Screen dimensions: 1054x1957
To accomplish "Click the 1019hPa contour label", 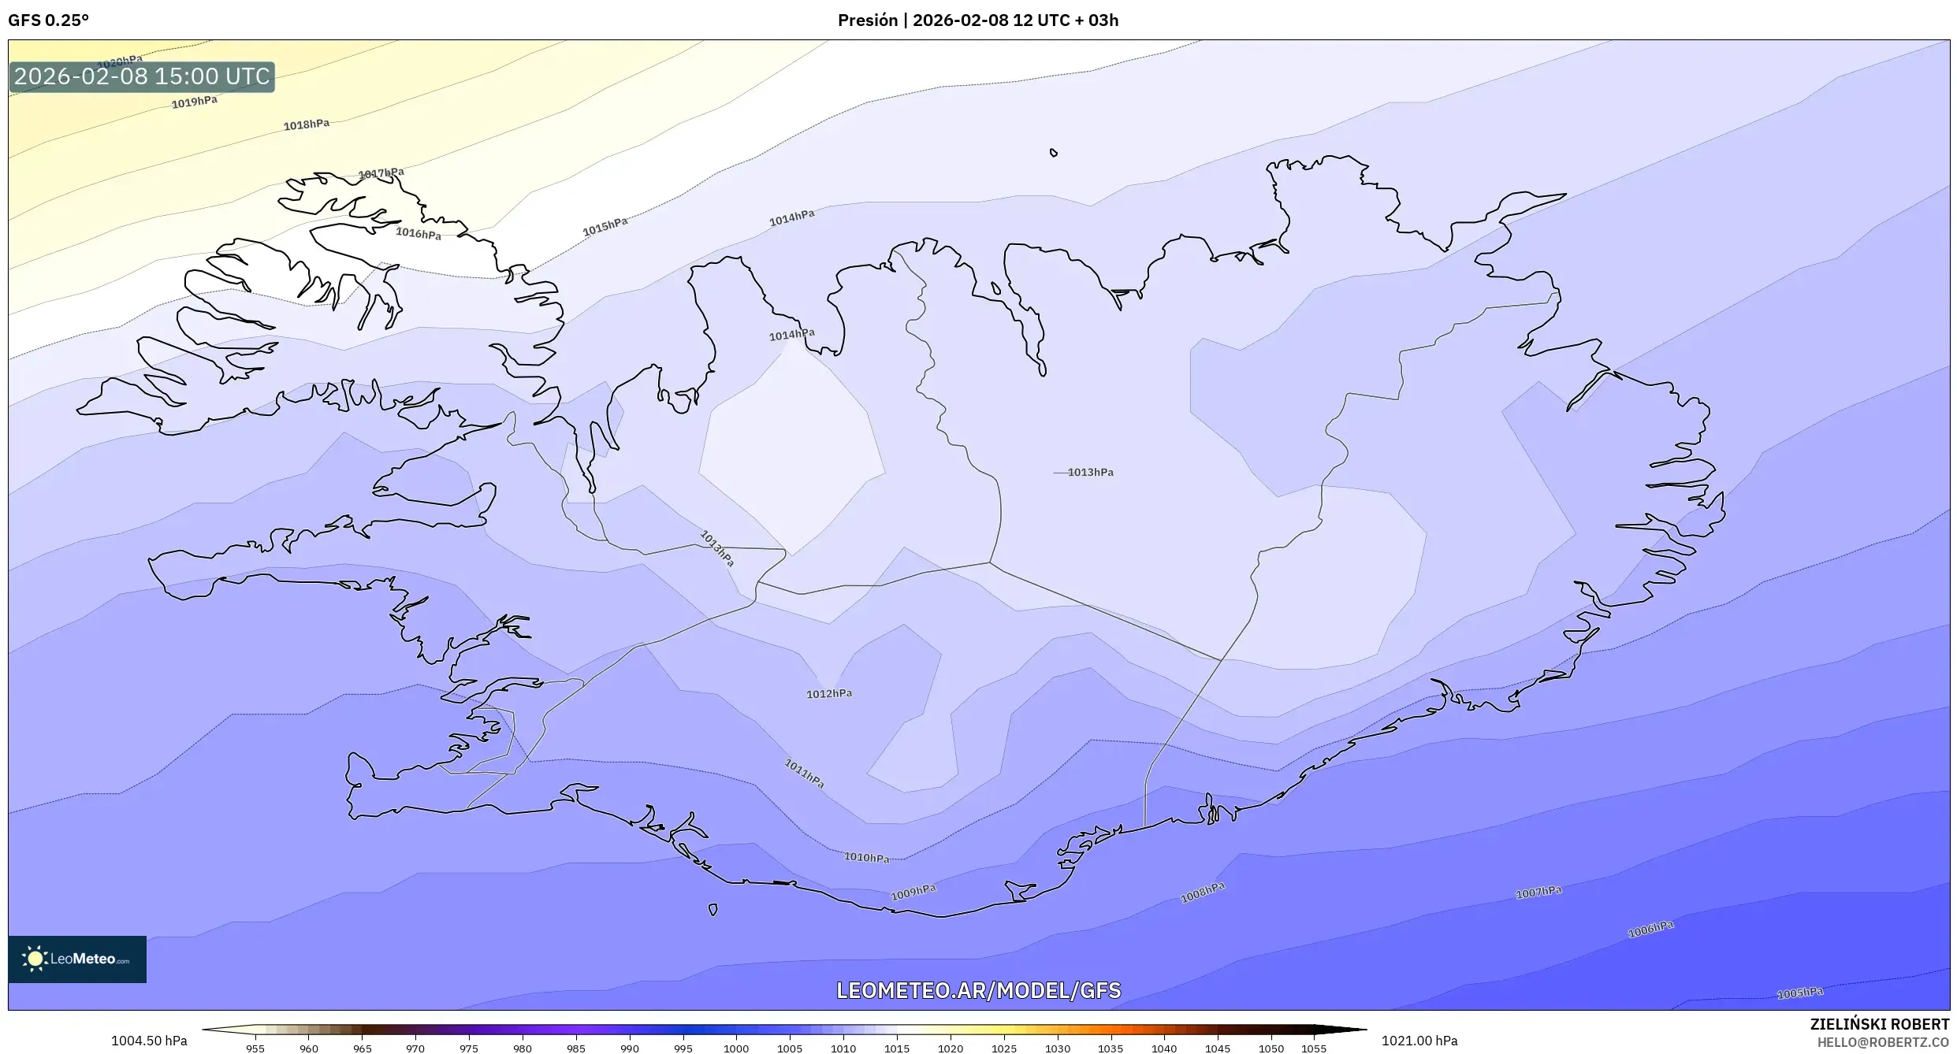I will (x=194, y=102).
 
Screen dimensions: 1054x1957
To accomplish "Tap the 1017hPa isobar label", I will (x=381, y=173).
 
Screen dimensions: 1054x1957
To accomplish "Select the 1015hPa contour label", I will (x=605, y=227).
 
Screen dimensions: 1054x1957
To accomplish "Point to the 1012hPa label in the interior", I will (x=829, y=694).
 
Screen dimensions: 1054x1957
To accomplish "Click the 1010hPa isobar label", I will (x=866, y=858).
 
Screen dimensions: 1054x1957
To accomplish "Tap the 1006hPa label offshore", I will (x=1650, y=930).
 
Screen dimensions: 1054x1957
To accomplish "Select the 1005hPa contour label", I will (x=1800, y=993).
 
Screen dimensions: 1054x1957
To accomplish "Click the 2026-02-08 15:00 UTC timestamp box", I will (x=142, y=77).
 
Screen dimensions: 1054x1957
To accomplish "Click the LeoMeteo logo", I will (x=77, y=959).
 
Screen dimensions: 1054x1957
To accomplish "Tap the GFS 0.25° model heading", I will (x=48, y=20).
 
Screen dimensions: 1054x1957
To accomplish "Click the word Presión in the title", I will (x=867, y=20).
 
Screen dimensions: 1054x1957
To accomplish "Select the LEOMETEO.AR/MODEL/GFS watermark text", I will (x=978, y=990).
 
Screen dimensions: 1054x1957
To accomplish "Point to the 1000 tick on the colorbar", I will (x=736, y=1048).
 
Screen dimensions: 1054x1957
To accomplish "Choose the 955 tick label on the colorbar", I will (x=255, y=1048).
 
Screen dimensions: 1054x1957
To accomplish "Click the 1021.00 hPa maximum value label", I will (x=1419, y=1041).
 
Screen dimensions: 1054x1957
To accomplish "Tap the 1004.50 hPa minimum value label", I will (x=149, y=1041).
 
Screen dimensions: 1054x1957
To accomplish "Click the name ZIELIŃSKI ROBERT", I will (x=1879, y=1024).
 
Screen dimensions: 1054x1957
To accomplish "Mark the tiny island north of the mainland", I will (x=1053, y=153).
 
